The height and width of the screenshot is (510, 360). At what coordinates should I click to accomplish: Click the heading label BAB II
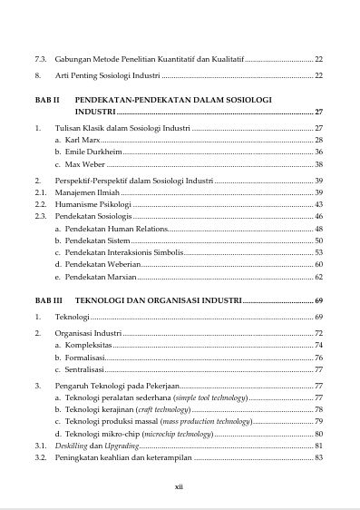46,98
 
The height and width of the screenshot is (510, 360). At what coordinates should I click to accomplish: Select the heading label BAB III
47,299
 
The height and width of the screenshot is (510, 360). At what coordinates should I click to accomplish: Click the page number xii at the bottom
180,486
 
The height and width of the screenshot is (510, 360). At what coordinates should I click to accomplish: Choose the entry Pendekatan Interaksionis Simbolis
127,252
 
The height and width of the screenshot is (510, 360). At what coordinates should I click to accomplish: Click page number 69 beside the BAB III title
319,299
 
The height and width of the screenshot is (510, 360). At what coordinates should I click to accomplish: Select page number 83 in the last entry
319,457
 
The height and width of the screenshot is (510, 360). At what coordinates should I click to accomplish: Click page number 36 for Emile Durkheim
319,152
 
